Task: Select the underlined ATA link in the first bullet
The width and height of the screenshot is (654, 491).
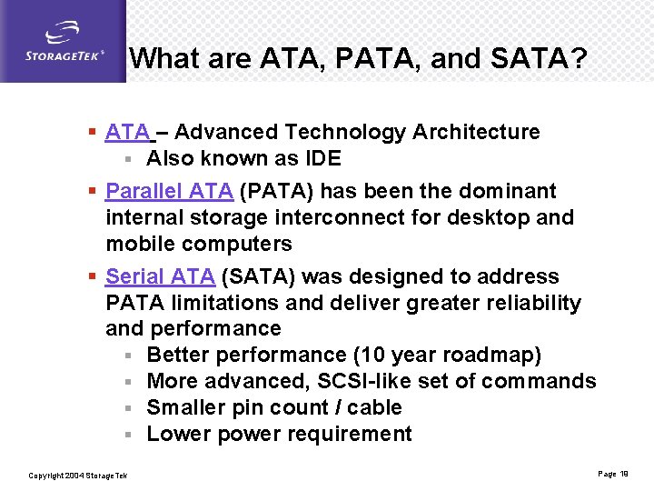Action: coord(127,133)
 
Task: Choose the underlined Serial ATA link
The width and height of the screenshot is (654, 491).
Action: coord(160,276)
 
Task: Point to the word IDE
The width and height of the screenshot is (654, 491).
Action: coord(322,159)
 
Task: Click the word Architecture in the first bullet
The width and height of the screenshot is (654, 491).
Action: coord(476,133)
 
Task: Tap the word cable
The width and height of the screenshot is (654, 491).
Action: coord(373,408)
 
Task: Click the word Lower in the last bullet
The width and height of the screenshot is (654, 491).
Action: coord(176,435)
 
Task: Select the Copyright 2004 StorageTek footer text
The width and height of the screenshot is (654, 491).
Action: coord(78,476)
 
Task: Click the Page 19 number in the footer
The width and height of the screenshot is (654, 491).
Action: coord(613,475)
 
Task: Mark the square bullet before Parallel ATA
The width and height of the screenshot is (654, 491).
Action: coord(93,192)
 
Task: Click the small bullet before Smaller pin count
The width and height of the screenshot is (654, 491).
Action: coord(131,408)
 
